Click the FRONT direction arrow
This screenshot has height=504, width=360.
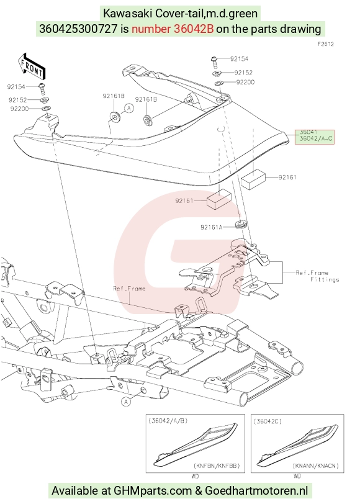(x=32, y=66)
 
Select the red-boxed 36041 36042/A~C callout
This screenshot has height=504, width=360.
(x=315, y=137)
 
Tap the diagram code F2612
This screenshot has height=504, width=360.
(x=326, y=44)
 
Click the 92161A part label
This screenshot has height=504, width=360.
(x=211, y=227)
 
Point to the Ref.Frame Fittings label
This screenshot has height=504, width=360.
(x=317, y=276)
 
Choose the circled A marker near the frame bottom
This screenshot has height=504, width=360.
(x=126, y=402)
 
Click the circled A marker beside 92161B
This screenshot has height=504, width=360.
(x=129, y=108)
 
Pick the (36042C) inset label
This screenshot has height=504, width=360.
(x=268, y=421)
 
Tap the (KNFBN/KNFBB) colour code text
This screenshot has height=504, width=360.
(x=217, y=466)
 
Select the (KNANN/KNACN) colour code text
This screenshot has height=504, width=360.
(x=316, y=466)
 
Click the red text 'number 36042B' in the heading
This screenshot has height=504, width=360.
(x=173, y=29)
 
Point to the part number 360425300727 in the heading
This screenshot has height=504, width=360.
(x=78, y=29)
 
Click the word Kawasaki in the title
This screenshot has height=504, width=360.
(x=128, y=14)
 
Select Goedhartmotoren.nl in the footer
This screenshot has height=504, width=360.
(x=256, y=491)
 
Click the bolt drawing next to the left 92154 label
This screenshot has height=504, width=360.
(x=42, y=88)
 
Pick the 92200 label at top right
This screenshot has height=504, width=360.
(x=245, y=83)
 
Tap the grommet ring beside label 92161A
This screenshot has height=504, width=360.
(x=241, y=224)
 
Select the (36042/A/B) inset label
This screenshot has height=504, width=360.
(x=168, y=421)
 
